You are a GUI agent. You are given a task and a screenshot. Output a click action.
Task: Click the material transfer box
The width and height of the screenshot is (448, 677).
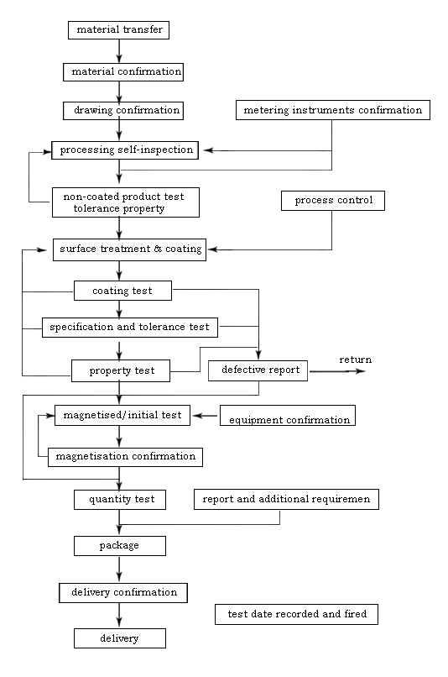118,30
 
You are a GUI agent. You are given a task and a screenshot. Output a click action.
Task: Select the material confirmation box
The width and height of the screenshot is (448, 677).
123,72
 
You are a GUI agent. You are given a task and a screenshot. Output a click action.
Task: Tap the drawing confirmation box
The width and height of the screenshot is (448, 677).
123,111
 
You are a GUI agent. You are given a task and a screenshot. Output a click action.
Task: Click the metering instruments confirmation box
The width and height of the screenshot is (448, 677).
333,110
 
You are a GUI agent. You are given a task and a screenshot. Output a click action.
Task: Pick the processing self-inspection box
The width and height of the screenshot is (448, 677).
125,150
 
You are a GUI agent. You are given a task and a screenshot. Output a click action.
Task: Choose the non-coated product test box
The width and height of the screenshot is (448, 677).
126,202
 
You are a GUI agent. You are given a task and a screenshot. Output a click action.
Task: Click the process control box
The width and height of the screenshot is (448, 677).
333,201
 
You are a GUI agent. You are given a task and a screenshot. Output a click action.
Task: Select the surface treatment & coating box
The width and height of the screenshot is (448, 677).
129,249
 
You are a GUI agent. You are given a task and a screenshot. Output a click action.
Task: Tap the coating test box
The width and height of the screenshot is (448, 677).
122,291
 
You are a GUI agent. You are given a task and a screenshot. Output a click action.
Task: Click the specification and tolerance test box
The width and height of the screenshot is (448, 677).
130,328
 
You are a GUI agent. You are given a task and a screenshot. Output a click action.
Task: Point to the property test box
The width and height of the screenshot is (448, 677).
121,371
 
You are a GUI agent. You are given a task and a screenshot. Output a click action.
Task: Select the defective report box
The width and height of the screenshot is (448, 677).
258,370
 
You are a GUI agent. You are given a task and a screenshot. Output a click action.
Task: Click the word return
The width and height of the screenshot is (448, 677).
355,359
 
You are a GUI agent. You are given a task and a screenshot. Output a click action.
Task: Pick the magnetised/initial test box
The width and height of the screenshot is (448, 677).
122,415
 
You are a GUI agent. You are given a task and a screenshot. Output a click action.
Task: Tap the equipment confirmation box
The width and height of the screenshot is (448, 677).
288,415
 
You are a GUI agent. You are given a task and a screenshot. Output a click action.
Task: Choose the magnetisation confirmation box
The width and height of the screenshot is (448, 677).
125,457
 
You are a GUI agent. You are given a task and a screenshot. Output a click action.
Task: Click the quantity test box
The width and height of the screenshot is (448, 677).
120,500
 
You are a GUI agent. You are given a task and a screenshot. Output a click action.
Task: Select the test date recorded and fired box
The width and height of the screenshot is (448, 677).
297,614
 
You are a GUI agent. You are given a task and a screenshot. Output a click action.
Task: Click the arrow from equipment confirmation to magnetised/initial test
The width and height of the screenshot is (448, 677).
205,416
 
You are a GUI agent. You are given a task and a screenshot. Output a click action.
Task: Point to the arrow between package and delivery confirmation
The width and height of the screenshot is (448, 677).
119,569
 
